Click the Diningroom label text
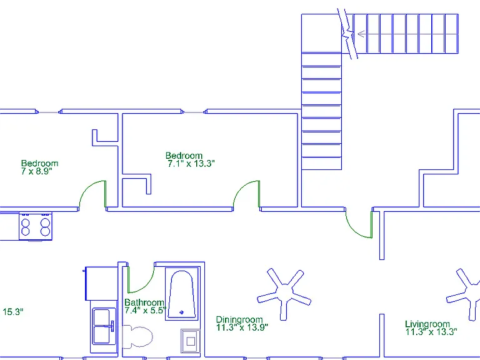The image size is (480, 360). coord(239,320)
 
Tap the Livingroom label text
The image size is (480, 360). coord(427,324)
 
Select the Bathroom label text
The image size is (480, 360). coord(144,302)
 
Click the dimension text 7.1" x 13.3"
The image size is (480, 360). coord(191,164)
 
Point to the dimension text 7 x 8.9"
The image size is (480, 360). coord(37,171)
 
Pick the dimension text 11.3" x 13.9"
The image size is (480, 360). coord(242,327)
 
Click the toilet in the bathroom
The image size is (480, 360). coord(137,336)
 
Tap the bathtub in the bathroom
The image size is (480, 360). coord(182,294)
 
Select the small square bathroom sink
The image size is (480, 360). coord(191,341)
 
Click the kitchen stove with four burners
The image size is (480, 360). coord(36,226)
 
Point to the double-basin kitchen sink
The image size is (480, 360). coord(104,326)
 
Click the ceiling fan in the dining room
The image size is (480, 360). coord(284,294)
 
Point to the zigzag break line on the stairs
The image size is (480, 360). coord(347,34)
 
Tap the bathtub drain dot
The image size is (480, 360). coord(181,312)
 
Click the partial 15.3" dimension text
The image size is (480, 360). coord(13,312)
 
